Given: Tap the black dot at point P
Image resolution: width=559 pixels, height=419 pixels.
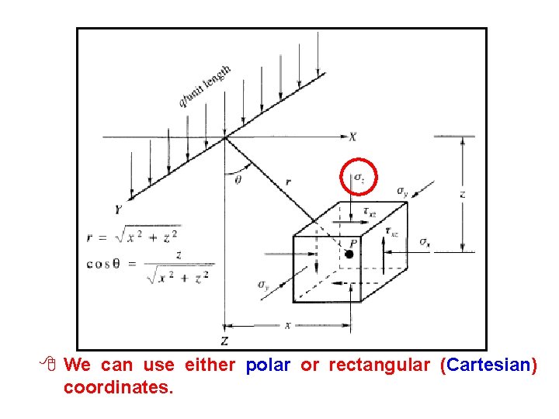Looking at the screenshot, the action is point(350,254).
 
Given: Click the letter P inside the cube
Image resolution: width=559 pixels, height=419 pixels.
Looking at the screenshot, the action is point(353,242).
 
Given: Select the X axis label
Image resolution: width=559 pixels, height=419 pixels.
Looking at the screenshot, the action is point(353,137).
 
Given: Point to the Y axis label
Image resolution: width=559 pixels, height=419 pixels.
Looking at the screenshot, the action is point(118,209).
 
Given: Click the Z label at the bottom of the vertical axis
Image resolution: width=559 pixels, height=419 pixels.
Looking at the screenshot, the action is point(224,341).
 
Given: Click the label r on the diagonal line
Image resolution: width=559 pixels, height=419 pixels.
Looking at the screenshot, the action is point(289,182).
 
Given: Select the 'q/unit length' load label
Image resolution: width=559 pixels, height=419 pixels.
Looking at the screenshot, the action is point(204,86).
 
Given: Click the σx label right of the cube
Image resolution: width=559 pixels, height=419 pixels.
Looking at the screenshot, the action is point(425,242).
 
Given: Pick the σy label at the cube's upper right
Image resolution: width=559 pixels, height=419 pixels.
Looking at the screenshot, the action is point(401,191).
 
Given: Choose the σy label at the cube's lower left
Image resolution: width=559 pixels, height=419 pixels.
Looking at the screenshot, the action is point(263,285).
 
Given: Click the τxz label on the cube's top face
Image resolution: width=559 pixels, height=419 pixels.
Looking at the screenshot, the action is point(370,212).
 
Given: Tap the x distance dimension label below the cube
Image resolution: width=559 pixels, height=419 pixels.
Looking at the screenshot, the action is point(287,326).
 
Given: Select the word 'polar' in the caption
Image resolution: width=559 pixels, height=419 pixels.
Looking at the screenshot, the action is point(268,365).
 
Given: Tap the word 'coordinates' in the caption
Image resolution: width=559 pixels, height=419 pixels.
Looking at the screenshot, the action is point(117,386).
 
